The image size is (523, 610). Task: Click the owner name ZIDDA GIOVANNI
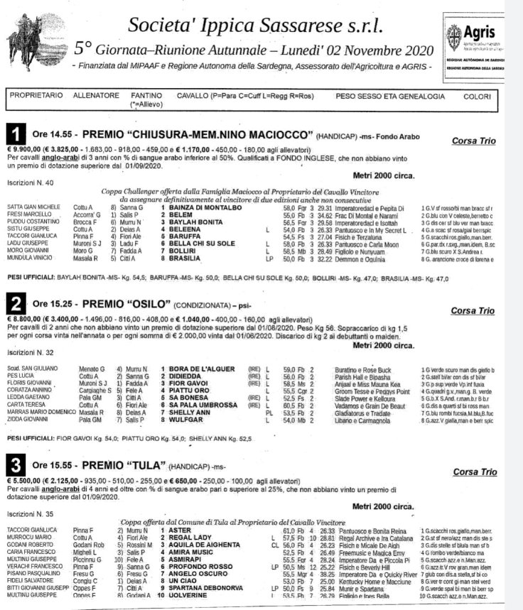coord(28,421)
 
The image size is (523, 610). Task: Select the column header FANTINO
coord(146,94)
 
